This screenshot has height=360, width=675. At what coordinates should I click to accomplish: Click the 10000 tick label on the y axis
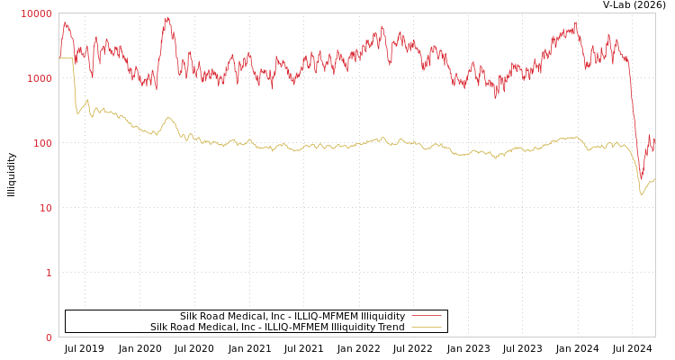coord(38,13)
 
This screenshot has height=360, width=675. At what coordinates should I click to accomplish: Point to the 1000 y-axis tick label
coord(40,78)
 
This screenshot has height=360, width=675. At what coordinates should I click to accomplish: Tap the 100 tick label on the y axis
coord(43,143)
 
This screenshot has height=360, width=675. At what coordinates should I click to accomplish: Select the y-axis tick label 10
coord(46,208)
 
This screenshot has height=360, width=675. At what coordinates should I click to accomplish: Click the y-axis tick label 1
coord(49,273)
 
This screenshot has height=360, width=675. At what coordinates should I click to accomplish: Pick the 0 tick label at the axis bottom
coord(49,337)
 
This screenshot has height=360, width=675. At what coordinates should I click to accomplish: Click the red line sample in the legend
coord(426,316)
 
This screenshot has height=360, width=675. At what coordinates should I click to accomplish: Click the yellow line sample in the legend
coord(426,327)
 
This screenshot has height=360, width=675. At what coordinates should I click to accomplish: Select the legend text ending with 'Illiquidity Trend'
coord(277,327)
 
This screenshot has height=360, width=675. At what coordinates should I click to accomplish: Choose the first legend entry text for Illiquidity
coord(292,316)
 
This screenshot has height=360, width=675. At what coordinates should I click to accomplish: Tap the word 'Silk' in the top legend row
coord(189,316)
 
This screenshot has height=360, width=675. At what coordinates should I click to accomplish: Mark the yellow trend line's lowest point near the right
coord(642,194)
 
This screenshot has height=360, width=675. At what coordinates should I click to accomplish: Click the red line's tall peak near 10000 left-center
coord(167,18)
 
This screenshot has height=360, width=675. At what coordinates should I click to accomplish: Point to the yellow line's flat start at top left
coord(66,58)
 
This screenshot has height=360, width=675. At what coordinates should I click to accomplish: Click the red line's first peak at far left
coord(65,23)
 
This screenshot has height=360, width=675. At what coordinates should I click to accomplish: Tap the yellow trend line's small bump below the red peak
coord(168,118)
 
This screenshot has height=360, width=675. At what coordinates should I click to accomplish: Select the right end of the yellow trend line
coord(654,179)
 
